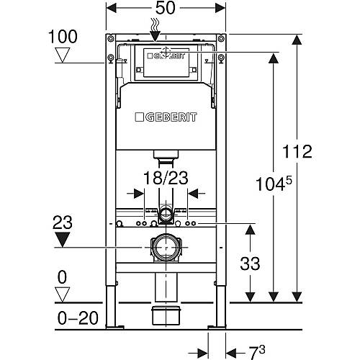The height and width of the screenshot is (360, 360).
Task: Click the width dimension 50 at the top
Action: pyautogui.click(x=166, y=8)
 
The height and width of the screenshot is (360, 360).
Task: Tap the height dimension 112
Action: pyautogui.click(x=297, y=151)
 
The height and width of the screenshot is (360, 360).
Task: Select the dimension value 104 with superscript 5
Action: pyautogui.click(x=274, y=184)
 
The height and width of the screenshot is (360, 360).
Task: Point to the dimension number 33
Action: pyautogui.click(x=250, y=264)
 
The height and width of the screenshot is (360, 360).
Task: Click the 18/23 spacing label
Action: pyautogui.click(x=166, y=178)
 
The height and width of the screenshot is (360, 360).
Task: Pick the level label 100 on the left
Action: pyautogui.click(x=63, y=37)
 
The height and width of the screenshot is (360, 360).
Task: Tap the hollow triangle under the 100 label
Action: pyautogui.click(x=63, y=55)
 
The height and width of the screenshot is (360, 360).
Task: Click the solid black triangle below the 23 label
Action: pyautogui.click(x=63, y=240)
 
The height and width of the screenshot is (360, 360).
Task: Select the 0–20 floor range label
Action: pyautogui.click(x=78, y=318)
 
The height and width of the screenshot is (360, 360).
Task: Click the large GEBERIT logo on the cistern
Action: pyautogui.click(x=166, y=117)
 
